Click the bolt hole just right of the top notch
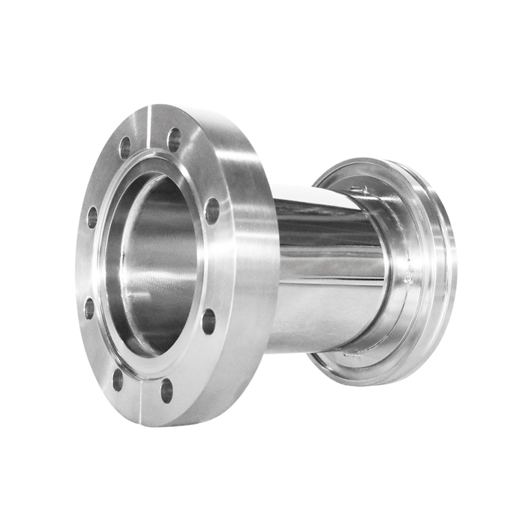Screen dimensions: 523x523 click(x=174, y=139)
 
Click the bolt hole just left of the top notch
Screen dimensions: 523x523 click(x=125, y=148)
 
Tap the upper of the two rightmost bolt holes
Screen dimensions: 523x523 click(x=212, y=211)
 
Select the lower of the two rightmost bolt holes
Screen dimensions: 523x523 click(x=209, y=321)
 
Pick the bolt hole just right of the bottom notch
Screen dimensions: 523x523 click(x=167, y=390)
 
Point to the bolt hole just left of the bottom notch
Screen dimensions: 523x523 click(x=118, y=380)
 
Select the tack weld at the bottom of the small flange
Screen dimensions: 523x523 click(x=353, y=355)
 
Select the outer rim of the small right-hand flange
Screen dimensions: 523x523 click(x=445, y=275)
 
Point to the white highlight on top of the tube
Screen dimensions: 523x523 click(x=314, y=196)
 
